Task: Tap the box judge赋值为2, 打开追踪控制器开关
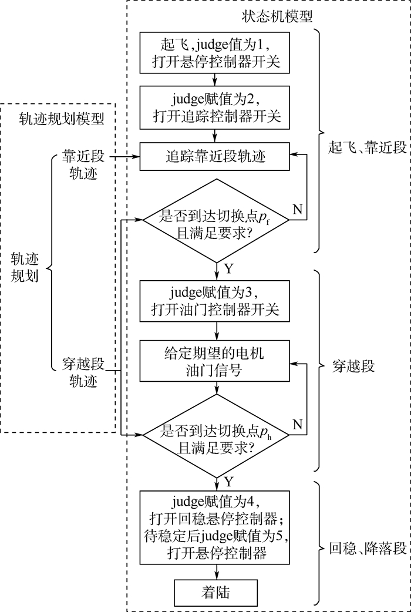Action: pyautogui.click(x=215, y=107)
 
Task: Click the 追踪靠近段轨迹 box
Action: pyautogui.click(x=215, y=157)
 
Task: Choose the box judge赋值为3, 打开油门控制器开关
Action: pyautogui.click(x=215, y=301)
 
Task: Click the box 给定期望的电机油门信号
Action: pyautogui.click(x=215, y=362)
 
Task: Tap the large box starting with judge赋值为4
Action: pyautogui.click(x=215, y=526)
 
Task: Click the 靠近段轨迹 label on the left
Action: pyautogui.click(x=83, y=166)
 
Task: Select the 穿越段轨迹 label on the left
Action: pyautogui.click(x=83, y=372)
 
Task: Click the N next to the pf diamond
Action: pyautogui.click(x=297, y=209)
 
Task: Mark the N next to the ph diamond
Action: pyautogui.click(x=297, y=424)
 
